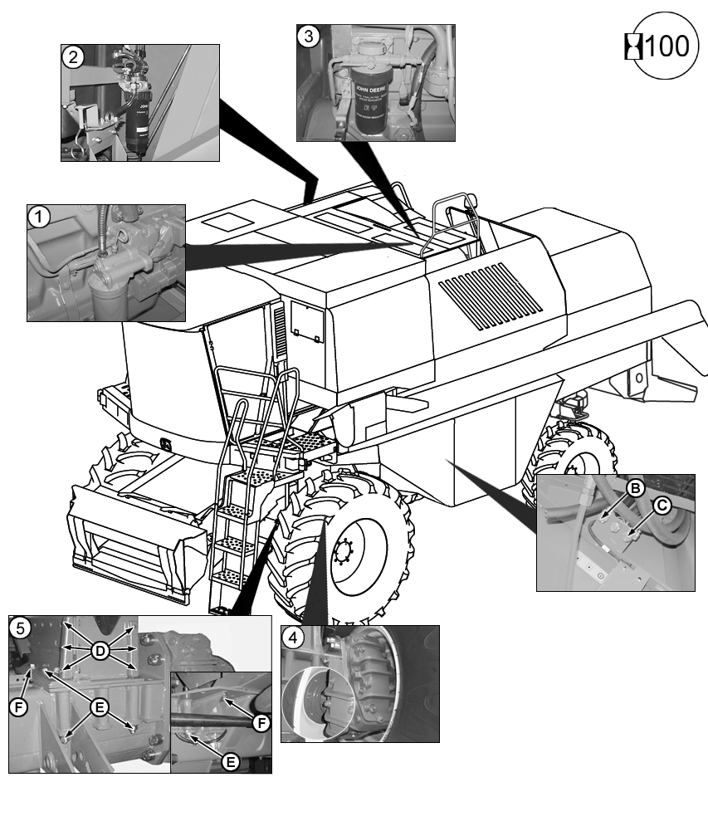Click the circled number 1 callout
[x=39, y=217]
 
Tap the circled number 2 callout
[x=73, y=57]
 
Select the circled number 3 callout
[x=309, y=37]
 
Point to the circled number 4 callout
[x=293, y=638]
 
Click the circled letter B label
[x=635, y=489]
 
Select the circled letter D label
[x=100, y=652]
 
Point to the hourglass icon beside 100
[x=635, y=46]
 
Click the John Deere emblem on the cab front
[x=168, y=446]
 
